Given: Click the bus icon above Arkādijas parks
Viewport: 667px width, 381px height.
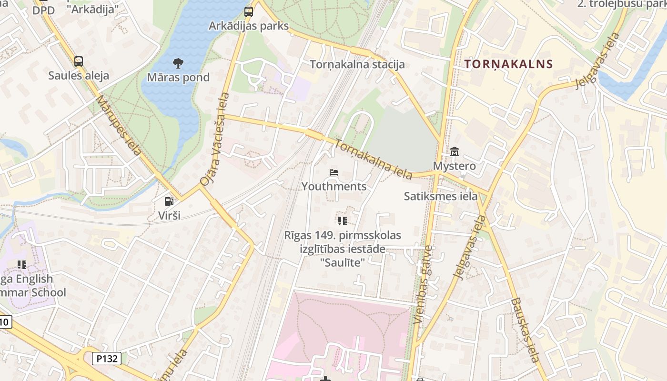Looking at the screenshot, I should (249, 11).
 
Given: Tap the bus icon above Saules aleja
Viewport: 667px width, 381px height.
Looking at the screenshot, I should (79, 61).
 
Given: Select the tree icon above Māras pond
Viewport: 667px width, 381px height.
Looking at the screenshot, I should (178, 63).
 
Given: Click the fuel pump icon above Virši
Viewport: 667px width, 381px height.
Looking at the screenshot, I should (169, 201).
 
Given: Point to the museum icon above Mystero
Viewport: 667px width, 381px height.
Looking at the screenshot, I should (455, 152).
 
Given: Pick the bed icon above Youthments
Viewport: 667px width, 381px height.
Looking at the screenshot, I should (334, 172).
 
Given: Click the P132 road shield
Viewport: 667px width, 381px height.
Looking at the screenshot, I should (106, 359).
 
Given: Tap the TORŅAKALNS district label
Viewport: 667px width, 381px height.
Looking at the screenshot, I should (508, 64).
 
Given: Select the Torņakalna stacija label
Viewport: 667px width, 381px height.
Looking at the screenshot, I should (357, 64).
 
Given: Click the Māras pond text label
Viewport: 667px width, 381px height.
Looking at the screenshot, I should (178, 77).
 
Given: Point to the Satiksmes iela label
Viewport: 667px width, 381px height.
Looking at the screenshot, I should (441, 196).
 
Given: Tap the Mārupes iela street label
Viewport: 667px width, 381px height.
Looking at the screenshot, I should (119, 125).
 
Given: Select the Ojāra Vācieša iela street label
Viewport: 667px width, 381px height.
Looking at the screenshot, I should (215, 139).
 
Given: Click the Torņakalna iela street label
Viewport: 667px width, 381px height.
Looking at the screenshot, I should (374, 159).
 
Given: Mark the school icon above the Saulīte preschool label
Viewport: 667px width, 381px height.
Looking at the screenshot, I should (342, 221).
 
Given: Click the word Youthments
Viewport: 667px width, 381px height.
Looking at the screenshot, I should (334, 186).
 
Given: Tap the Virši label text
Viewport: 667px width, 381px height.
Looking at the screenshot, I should (169, 215).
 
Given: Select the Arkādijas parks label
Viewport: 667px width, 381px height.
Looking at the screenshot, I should (249, 26).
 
